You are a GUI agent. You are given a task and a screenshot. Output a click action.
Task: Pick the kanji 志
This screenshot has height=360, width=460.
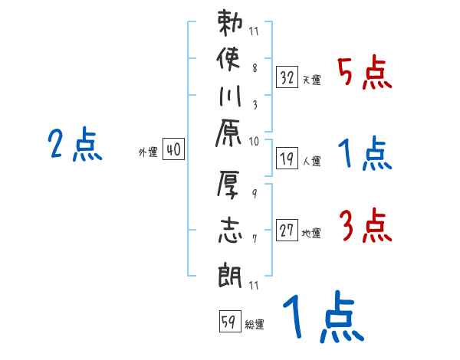click(231, 229)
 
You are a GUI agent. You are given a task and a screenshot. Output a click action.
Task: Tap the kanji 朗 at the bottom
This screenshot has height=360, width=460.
click(231, 271)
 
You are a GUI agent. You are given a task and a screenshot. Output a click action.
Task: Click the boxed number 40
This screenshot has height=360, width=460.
click(173, 150)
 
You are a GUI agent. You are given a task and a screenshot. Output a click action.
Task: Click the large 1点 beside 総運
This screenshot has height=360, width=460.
click(322, 319)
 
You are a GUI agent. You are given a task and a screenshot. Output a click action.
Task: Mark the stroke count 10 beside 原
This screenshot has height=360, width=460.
click(254, 141)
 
